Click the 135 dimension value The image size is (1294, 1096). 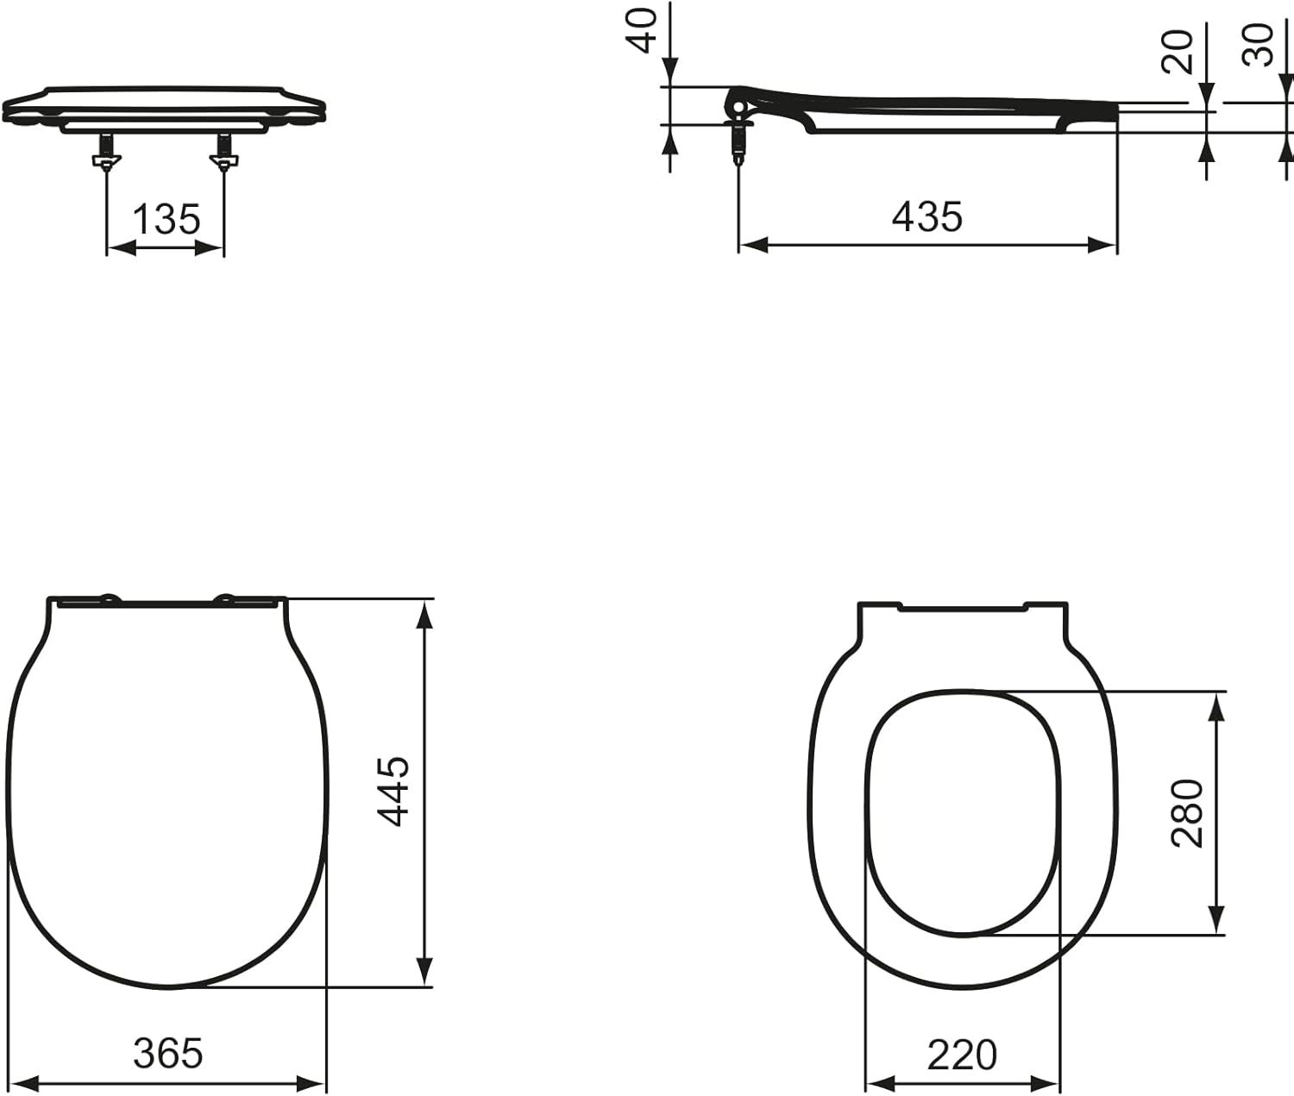tap(166, 219)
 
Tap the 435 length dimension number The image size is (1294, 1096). tap(927, 216)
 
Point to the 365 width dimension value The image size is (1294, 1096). tap(168, 1053)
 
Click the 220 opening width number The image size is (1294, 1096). tap(962, 1055)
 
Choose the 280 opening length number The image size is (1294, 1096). tap(1188, 812)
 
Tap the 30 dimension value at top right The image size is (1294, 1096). tap(1258, 45)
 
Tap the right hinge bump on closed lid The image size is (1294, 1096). tap(226, 598)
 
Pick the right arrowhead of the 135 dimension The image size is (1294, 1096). tap(210, 248)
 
